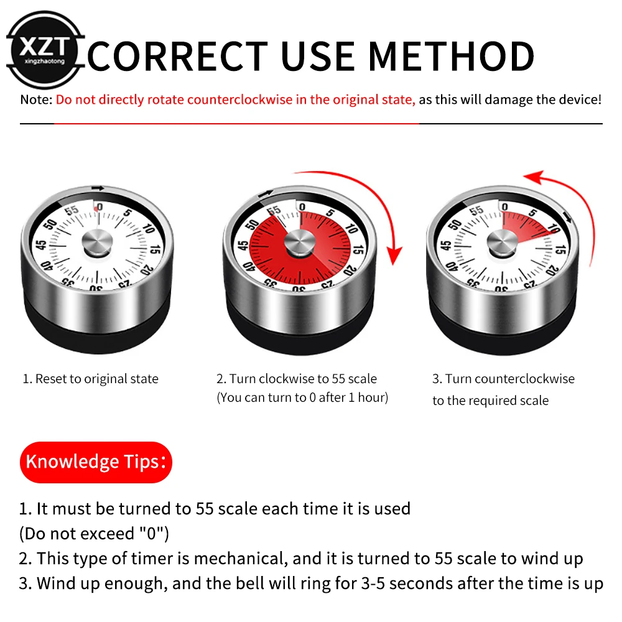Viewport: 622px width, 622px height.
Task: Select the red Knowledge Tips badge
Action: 95,462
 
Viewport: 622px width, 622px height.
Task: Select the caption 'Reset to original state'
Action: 91,379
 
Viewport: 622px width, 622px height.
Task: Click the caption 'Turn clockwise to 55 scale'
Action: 297,379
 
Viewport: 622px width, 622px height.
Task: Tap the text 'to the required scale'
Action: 491,401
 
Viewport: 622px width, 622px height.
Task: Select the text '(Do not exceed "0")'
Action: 94,533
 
